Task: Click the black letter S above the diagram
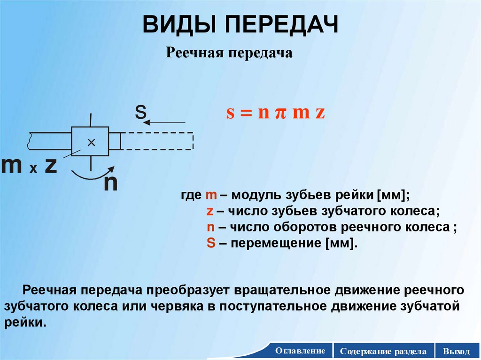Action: (x=140, y=113)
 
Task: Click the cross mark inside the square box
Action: (x=91, y=141)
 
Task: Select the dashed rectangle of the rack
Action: (x=157, y=141)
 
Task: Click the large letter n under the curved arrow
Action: (x=110, y=183)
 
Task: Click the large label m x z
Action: (x=30, y=167)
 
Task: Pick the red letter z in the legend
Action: (x=210, y=211)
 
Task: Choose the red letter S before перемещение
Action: (x=210, y=243)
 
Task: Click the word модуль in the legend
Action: (x=249, y=195)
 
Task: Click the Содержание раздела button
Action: (x=384, y=351)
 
